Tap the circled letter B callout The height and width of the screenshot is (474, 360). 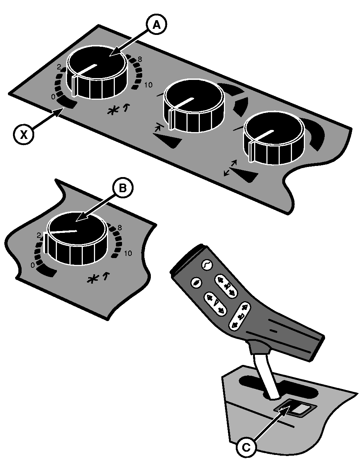point(123,188)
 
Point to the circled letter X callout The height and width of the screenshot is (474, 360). point(24,135)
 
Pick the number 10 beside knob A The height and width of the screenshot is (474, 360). point(148,85)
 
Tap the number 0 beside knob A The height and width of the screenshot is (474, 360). point(53,97)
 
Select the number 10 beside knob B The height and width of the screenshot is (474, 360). point(128,253)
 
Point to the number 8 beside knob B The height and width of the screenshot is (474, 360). point(120,227)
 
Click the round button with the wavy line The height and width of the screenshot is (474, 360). point(207,265)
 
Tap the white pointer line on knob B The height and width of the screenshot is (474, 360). point(63,232)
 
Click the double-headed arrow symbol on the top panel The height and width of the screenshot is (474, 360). point(230,168)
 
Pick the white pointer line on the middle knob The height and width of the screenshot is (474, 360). point(181,103)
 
